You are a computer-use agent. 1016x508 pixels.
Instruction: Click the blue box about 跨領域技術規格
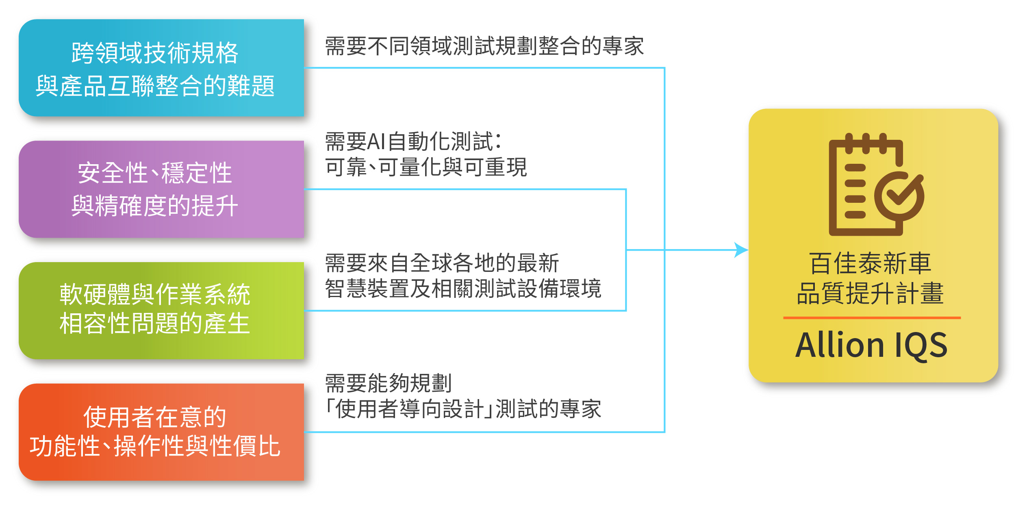pos(161,68)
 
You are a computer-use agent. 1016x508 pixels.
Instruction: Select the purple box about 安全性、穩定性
pos(161,189)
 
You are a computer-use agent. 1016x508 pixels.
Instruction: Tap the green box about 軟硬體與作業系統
pos(161,311)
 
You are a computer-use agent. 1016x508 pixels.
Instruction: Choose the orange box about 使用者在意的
pos(161,432)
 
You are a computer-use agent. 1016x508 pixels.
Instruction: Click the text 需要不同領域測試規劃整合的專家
pos(484,46)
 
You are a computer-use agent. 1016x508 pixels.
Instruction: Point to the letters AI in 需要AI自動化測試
pos(376,142)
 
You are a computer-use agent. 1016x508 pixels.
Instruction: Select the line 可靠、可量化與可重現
pos(426,167)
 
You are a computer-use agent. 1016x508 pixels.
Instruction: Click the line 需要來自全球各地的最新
pos(442,263)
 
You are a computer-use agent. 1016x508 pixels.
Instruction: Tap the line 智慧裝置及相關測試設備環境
pos(463,289)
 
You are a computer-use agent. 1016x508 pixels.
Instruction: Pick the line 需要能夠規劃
pos(389,383)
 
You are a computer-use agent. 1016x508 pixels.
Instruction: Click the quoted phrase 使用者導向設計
pos(410,409)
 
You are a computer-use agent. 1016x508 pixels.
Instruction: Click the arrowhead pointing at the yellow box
pos(741,250)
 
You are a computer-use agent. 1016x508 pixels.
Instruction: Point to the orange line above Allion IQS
pos(872,318)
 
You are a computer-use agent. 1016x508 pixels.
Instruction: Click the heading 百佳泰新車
pos(871,263)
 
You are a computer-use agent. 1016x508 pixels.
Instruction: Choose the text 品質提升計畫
pos(871,293)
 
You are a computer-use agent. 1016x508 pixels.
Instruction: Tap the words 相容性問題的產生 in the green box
pos(155,323)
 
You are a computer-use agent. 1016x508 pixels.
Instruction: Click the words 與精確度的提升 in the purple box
pos(155,206)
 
